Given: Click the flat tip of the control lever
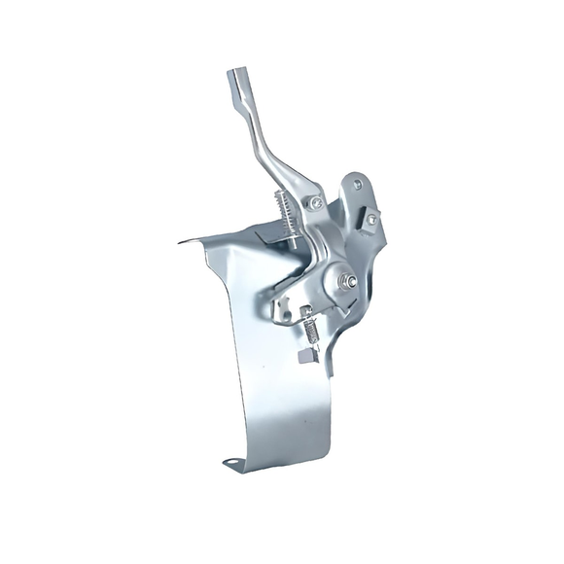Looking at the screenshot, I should (238, 79).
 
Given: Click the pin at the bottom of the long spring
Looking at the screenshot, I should (294, 239).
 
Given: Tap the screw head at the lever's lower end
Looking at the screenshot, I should (316, 202).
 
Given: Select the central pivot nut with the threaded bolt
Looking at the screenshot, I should (345, 282).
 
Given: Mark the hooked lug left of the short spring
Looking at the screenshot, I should (283, 311).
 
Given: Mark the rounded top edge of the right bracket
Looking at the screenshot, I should (350, 172).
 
